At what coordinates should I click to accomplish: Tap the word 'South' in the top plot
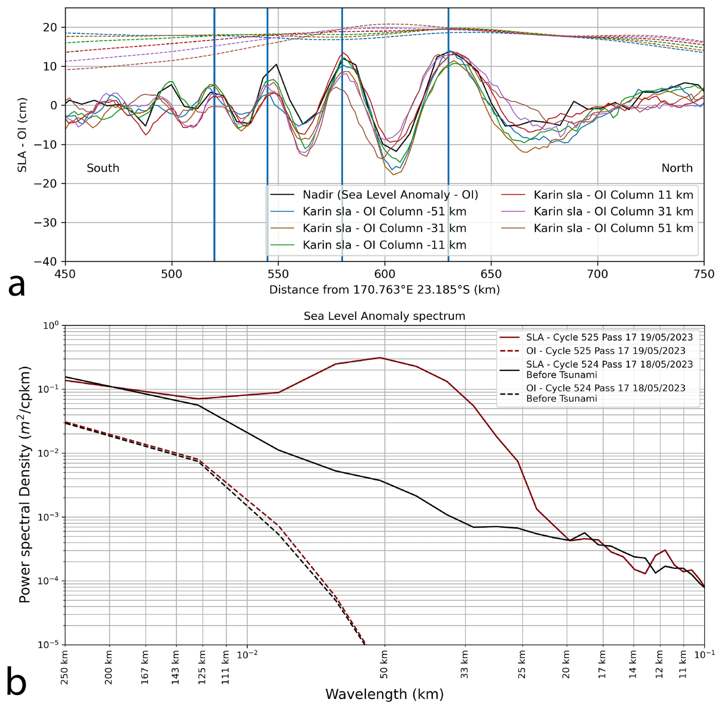point(103,168)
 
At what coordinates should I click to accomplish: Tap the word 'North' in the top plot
point(677,168)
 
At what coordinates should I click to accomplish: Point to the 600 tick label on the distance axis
point(384,274)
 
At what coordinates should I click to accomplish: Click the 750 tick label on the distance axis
point(704,274)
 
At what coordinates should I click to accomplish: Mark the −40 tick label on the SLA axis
point(45,262)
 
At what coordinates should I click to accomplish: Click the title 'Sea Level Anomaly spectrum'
point(384,316)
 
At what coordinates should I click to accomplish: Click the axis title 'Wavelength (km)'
point(384,694)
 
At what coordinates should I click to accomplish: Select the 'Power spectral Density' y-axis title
point(24,484)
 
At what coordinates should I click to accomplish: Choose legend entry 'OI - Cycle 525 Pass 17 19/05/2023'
point(605,351)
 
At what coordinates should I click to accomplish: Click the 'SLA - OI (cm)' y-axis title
point(22,135)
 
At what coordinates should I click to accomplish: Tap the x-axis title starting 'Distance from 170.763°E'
point(384,290)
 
